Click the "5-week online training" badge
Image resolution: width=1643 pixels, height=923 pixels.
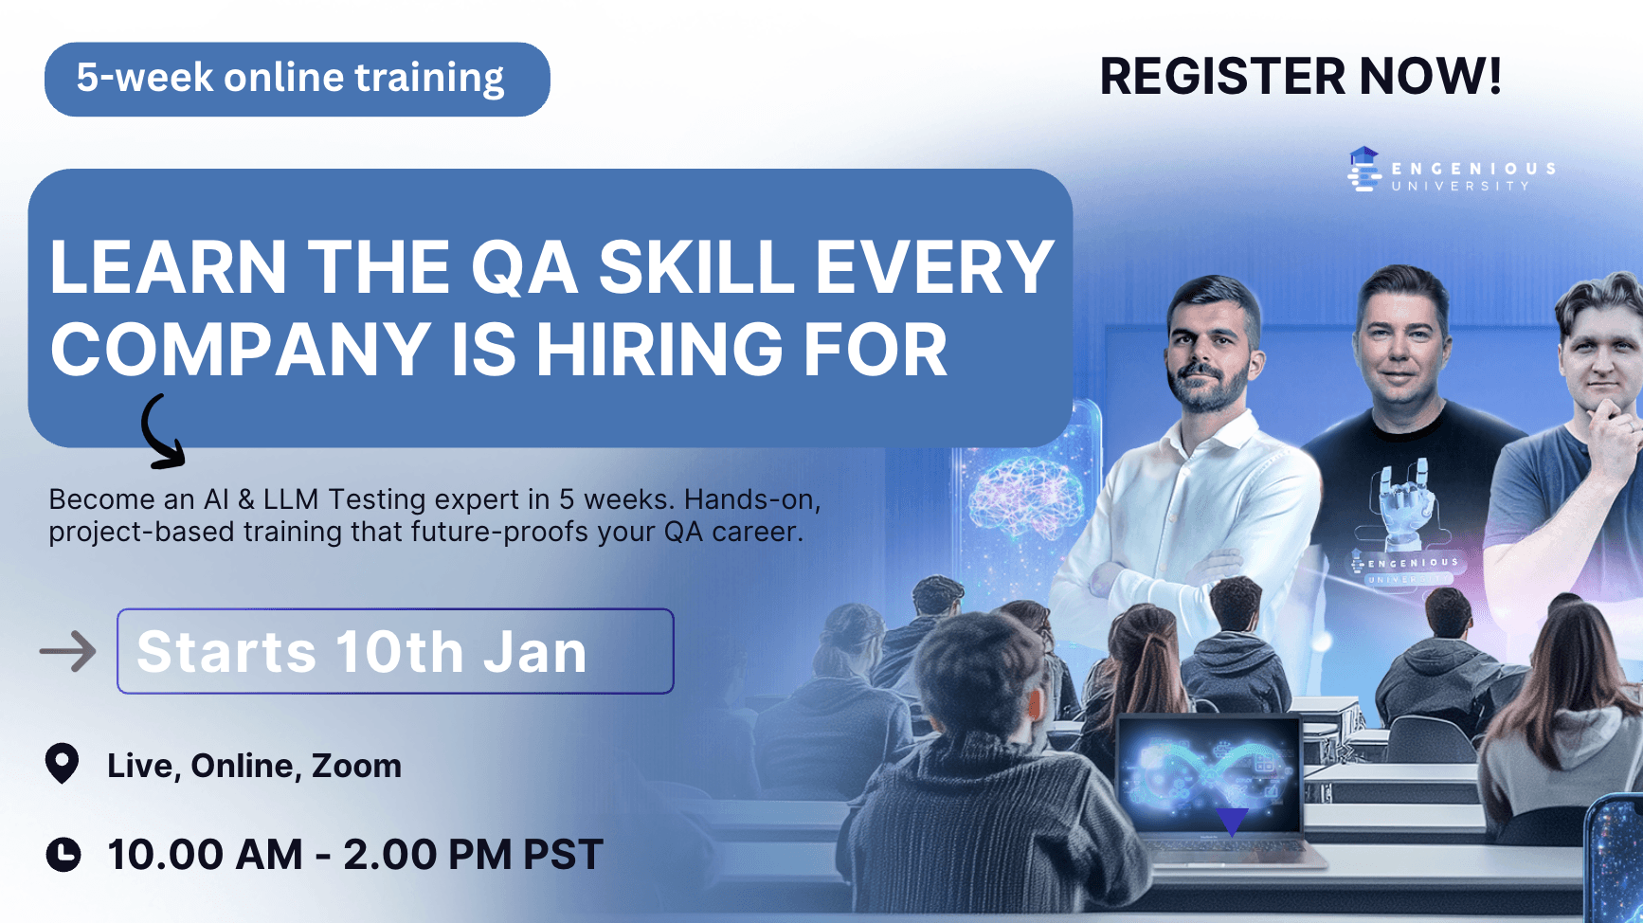click(x=298, y=80)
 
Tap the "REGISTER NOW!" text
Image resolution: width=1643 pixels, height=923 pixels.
click(x=1300, y=77)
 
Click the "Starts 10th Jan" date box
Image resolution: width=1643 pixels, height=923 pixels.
click(x=395, y=651)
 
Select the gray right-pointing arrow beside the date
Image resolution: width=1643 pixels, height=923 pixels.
click(x=68, y=651)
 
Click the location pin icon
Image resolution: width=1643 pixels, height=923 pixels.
click(x=63, y=764)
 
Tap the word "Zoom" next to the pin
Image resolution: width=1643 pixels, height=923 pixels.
click(x=356, y=766)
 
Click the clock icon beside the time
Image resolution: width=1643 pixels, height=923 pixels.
click(x=63, y=854)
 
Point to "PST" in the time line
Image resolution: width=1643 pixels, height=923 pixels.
click(x=563, y=855)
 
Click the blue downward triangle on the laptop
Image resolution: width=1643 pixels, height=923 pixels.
click(x=1232, y=821)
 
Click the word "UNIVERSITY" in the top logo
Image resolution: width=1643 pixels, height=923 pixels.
click(x=1460, y=187)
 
